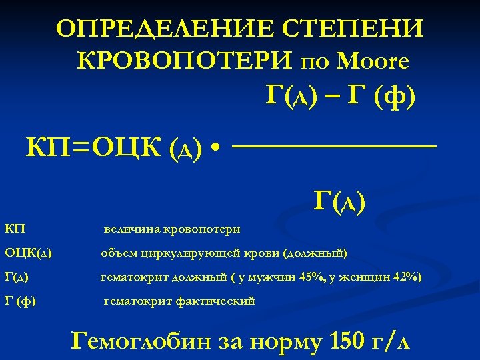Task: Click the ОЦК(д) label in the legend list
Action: click(29, 253)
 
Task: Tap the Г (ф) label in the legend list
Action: click(20, 301)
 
